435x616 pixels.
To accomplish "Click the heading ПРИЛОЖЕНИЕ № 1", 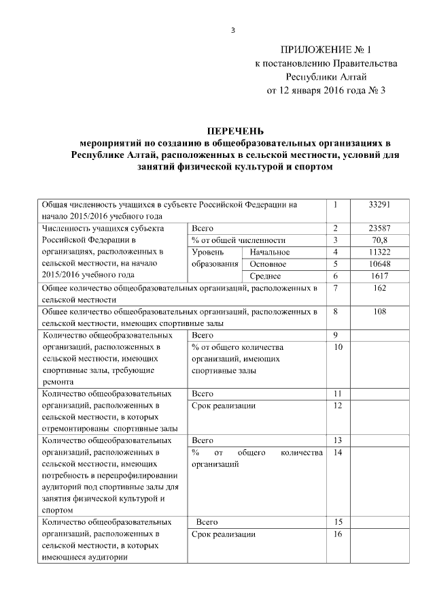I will click(x=326, y=50).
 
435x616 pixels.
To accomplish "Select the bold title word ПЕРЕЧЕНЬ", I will click(x=235, y=131).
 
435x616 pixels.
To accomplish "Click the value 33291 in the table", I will click(x=379, y=204).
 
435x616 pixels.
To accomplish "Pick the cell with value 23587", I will click(x=379, y=228).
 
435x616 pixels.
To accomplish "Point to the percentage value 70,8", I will click(x=379, y=240).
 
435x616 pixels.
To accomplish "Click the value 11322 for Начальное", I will click(x=379, y=252).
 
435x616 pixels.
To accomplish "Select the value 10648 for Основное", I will click(x=379, y=264).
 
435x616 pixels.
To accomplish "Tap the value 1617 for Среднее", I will click(x=379, y=276).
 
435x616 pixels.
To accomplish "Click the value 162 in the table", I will click(x=379, y=288).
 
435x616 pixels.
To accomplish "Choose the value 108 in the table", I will click(x=379, y=312).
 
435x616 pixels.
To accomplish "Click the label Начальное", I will click(x=270, y=253).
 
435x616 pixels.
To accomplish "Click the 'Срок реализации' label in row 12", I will click(x=224, y=406).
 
